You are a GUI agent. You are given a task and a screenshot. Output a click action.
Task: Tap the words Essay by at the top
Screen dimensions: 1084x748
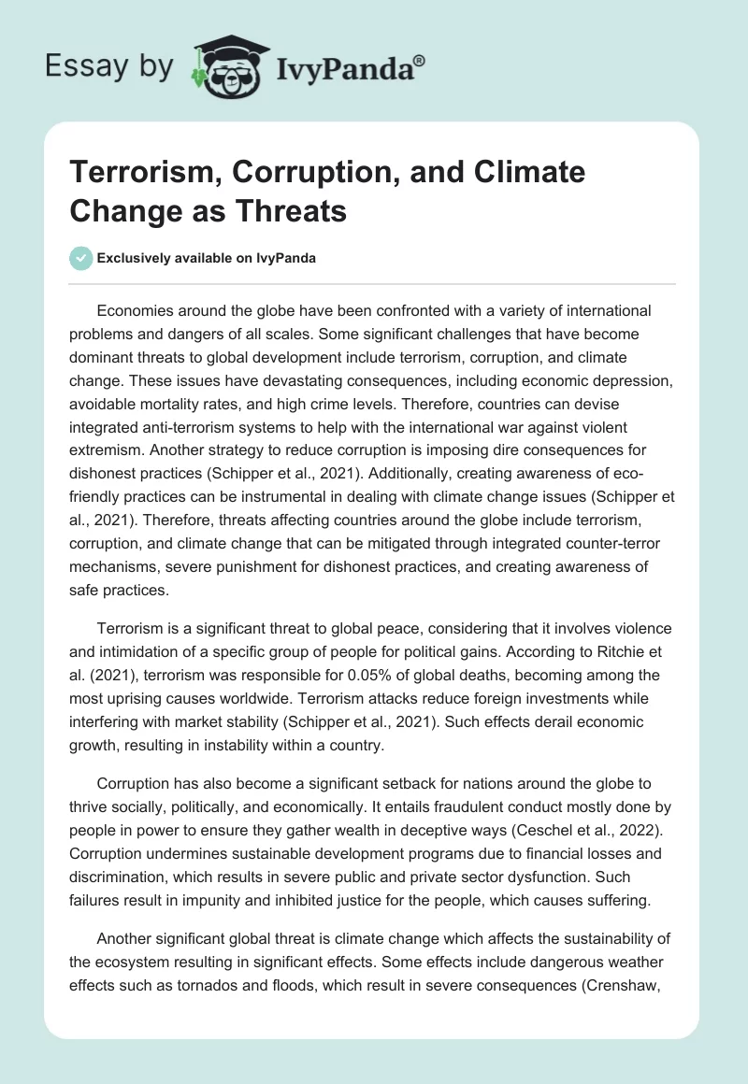[x=109, y=66]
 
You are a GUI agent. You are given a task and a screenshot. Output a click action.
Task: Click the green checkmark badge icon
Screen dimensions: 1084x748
[x=82, y=258]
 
